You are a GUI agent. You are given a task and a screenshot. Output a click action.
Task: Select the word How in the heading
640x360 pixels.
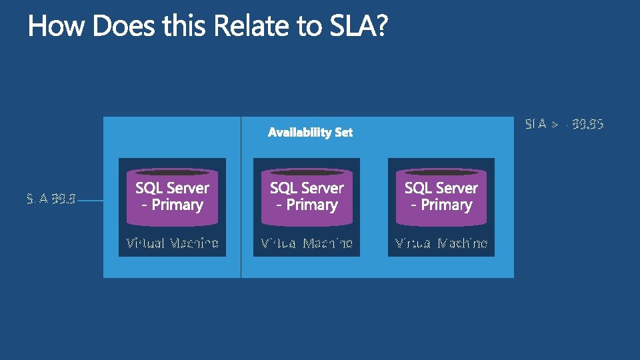click(x=57, y=27)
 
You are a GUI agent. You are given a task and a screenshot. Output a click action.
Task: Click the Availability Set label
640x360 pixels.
click(x=310, y=133)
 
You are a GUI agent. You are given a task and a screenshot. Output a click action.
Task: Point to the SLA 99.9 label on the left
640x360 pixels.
click(x=51, y=198)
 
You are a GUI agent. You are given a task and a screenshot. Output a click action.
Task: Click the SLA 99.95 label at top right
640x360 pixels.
click(x=564, y=124)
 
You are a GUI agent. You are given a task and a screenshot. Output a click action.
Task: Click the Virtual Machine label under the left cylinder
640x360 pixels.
click(x=172, y=243)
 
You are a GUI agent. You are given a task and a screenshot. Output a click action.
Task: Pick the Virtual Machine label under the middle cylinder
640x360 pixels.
click(x=307, y=243)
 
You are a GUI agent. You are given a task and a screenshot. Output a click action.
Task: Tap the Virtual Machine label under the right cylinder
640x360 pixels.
click(x=441, y=243)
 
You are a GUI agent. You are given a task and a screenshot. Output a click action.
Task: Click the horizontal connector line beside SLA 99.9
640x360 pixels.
click(x=90, y=199)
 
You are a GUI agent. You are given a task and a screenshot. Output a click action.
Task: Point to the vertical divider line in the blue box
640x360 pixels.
click(x=241, y=200)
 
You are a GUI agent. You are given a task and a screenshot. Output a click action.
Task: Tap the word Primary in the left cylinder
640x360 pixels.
click(x=177, y=205)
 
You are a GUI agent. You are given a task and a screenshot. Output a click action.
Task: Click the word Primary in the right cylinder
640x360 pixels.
click(x=447, y=205)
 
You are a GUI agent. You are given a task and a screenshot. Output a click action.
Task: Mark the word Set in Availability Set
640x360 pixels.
click(x=343, y=133)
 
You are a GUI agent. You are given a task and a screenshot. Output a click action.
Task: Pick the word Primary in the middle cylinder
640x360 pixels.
click(x=312, y=205)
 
